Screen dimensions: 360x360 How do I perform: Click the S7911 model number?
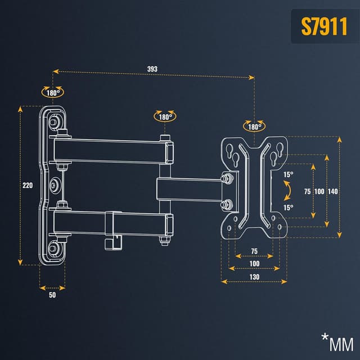coord(324,26)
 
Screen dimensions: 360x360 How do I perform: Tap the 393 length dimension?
coord(152,69)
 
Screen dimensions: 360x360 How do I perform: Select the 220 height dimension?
coord(28,185)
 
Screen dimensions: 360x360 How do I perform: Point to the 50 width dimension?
coord(52,295)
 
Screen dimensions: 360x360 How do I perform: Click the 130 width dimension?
coord(254,277)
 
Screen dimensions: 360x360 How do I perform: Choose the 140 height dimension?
coord(332,191)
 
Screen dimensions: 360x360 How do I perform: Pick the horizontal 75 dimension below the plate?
coord(254,251)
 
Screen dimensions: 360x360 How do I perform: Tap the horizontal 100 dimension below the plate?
coord(254,264)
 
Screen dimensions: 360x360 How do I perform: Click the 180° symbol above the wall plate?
coord(52,92)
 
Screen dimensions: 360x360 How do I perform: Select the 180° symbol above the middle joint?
coord(165,116)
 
